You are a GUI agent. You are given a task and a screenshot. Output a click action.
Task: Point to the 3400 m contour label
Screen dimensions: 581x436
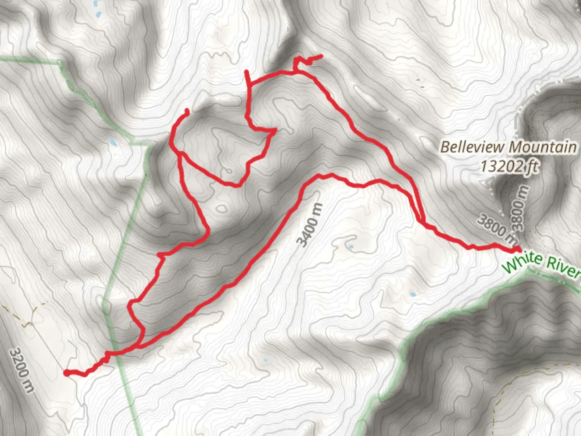[310, 224]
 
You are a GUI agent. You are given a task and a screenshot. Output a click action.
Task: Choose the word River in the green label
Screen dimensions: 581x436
[563, 269]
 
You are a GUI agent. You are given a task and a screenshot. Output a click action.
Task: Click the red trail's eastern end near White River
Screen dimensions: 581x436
[518, 248]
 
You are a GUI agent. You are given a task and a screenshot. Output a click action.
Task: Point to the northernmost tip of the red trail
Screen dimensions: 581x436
[321, 56]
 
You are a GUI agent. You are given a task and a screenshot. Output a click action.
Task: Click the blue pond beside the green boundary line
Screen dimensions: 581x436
[113, 142]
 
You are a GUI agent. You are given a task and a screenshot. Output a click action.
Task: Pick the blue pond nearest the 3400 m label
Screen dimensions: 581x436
[351, 247]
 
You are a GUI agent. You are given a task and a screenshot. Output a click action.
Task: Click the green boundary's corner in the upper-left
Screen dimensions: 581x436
[61, 63]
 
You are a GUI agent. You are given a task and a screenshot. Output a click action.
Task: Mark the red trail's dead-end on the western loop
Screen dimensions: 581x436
[187, 110]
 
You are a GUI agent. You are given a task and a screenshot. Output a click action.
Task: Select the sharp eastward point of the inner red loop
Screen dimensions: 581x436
[275, 130]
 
